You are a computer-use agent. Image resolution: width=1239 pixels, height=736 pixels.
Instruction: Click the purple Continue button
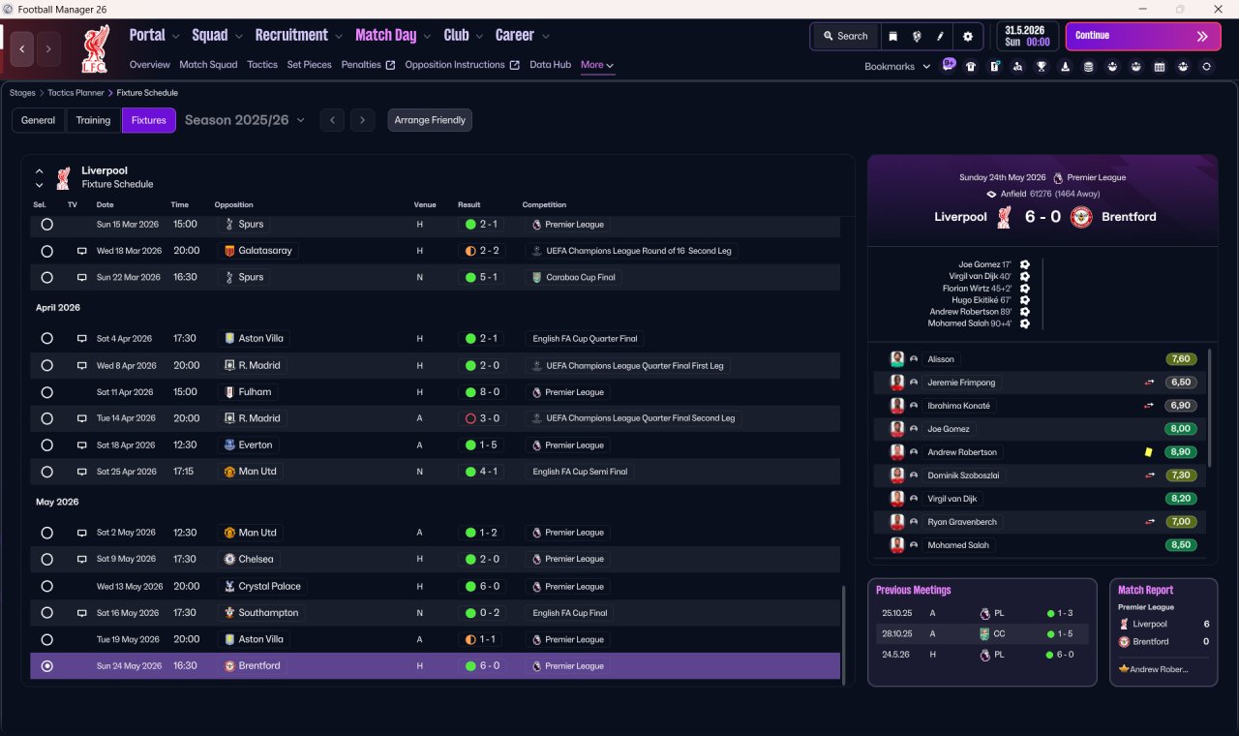1143,36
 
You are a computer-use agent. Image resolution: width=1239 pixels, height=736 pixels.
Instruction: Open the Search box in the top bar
845,36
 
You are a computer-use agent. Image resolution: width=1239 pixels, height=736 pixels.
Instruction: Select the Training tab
93,120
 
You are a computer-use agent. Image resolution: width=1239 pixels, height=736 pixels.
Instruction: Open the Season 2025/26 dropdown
245,120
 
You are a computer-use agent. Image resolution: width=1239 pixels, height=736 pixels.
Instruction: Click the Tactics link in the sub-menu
262,65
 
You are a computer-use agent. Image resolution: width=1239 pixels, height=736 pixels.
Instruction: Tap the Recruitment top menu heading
291,36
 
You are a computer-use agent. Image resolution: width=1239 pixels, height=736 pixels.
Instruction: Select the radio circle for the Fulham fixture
47,392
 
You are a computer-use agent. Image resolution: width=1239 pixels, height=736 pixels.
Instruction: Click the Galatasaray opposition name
265,251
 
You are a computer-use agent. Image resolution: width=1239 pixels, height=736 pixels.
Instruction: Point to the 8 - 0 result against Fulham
490,392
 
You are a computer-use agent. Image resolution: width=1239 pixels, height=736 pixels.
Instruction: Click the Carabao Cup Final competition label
580,277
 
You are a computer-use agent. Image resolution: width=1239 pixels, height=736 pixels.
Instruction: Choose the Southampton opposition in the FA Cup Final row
268,613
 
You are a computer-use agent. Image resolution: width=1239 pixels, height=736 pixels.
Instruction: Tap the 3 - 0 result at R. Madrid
490,418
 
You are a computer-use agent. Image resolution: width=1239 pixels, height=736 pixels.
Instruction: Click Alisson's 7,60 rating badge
1181,359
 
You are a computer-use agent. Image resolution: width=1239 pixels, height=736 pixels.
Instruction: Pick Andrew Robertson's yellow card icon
1148,452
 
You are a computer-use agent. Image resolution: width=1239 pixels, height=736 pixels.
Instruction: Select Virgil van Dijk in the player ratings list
952,499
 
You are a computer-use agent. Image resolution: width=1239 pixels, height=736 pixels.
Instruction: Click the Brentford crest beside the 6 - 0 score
1081,217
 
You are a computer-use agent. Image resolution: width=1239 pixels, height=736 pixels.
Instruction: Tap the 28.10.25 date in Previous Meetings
897,633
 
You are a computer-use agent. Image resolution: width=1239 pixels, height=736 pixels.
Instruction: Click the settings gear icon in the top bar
967,37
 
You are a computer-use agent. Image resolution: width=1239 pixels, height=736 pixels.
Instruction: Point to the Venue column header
425,204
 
